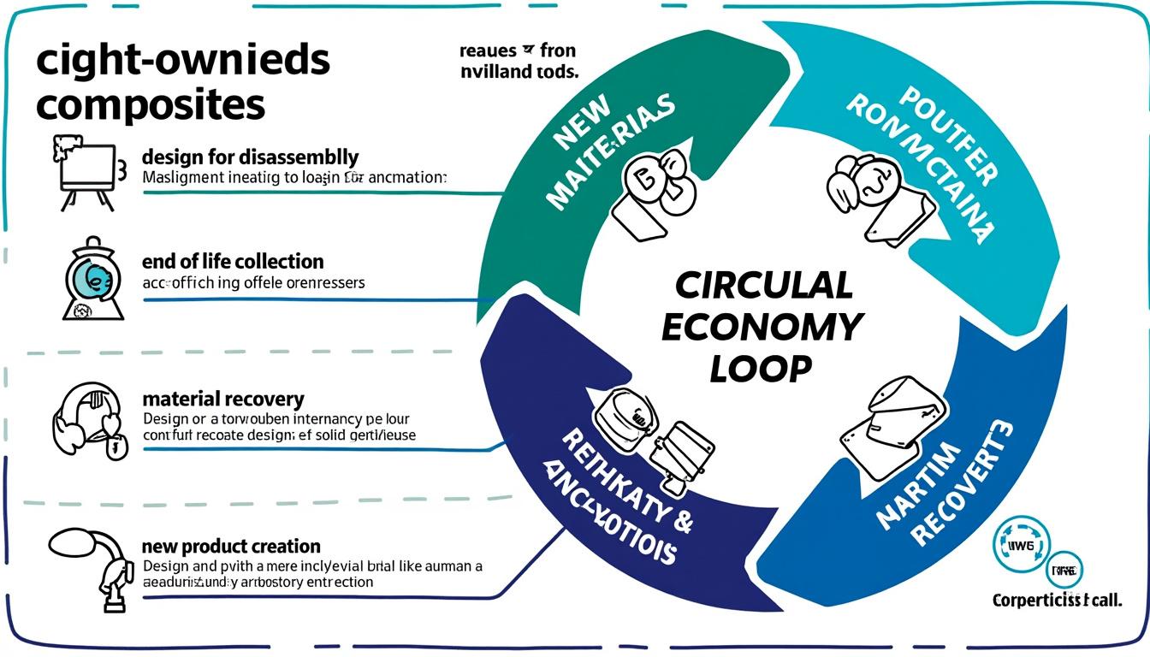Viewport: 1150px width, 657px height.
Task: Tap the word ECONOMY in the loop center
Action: tap(762, 327)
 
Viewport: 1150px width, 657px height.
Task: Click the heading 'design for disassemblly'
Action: tap(250, 157)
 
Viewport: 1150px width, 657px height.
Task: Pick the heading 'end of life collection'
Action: tap(233, 261)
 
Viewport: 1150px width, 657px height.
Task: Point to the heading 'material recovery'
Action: tap(222, 399)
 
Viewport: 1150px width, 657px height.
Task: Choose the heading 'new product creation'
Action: tap(231, 546)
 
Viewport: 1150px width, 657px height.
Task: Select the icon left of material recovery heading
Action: tap(86, 419)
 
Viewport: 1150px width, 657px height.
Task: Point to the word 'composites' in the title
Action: tap(151, 104)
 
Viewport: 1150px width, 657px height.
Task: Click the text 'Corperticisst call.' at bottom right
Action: tap(1058, 601)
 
